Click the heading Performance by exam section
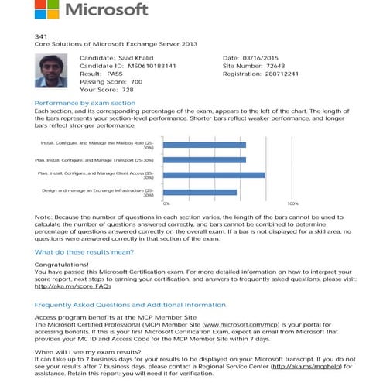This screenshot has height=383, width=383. click(x=85, y=102)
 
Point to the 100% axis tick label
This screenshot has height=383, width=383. click(x=292, y=203)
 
